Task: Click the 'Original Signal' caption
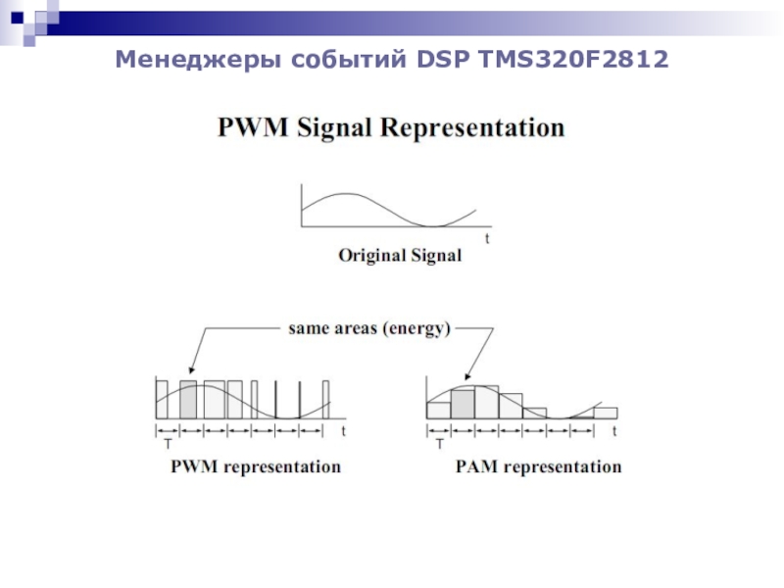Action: click(399, 257)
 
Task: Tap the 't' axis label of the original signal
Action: click(486, 238)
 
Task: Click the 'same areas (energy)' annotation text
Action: click(368, 329)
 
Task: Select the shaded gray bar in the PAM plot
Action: click(463, 404)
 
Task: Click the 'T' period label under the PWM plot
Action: click(167, 444)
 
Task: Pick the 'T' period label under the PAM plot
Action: click(439, 444)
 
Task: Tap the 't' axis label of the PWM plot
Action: click(343, 431)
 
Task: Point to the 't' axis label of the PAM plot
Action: click(615, 431)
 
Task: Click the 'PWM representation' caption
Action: click(256, 467)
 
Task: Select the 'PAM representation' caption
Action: click(538, 467)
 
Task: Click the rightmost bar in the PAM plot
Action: click(606, 413)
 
